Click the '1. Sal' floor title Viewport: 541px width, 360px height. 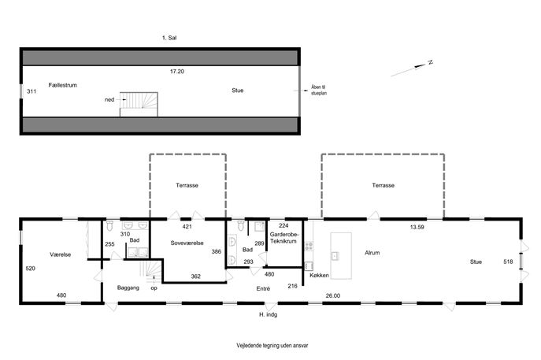point(169,38)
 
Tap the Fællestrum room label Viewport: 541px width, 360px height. point(62,85)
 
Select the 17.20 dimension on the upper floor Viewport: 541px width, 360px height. point(177,72)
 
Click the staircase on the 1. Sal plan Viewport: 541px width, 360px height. point(139,104)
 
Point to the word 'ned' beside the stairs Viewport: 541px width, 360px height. point(109,100)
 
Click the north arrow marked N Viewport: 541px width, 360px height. point(412,69)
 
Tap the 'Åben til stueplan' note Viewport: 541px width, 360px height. point(319,91)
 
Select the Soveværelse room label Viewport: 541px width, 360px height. point(187,243)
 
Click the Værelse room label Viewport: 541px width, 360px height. point(61,254)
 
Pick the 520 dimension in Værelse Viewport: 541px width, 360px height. point(31,269)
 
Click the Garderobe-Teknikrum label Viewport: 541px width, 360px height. point(283,238)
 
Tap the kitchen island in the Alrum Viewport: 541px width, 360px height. point(341,255)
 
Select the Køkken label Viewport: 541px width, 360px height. point(319,276)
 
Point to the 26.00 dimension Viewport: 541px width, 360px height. point(333,296)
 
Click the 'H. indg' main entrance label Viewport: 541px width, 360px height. point(268,315)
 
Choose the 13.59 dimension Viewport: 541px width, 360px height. point(417,227)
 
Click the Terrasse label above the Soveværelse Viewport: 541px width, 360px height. point(187,185)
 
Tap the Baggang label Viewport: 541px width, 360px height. point(128,288)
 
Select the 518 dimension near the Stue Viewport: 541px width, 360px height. point(508,262)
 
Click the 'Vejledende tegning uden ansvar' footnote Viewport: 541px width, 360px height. point(272,345)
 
